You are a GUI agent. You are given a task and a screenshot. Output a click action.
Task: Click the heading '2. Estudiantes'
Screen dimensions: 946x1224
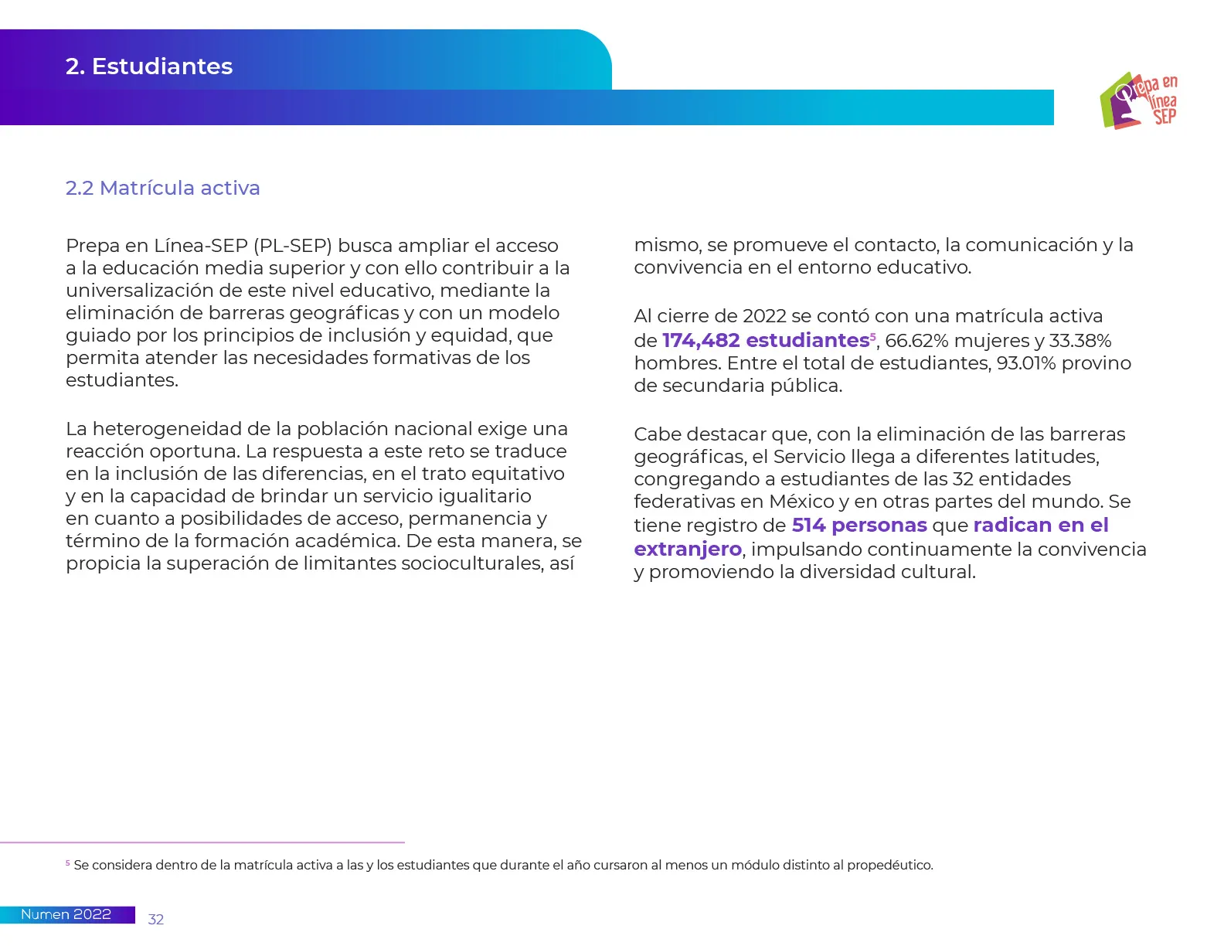click(149, 66)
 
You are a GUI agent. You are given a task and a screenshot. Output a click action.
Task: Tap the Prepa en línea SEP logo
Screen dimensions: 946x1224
click(1138, 100)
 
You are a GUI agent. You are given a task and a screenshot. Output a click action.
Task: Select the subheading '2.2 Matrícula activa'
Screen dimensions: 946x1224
click(162, 188)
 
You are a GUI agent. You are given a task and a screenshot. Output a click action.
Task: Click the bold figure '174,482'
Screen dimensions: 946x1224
click(701, 341)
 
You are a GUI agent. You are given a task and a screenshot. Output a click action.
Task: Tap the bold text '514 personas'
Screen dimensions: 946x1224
click(859, 526)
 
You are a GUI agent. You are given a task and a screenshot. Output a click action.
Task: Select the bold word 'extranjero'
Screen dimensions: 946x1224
click(688, 550)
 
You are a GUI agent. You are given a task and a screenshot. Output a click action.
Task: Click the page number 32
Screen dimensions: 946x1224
click(156, 919)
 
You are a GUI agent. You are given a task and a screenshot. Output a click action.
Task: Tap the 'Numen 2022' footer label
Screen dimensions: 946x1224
click(66, 914)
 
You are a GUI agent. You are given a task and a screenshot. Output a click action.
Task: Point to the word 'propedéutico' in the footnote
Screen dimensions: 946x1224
click(889, 865)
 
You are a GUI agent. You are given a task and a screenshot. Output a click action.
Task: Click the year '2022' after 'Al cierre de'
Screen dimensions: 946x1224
click(764, 316)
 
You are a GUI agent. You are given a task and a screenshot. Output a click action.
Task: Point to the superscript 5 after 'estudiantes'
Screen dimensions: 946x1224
click(873, 336)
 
